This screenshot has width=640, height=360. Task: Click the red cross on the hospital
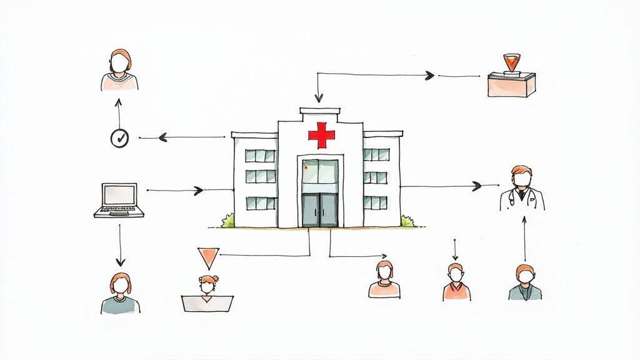[x=321, y=135]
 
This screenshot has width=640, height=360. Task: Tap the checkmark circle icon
[x=119, y=138]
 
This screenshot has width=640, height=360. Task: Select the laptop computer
[x=119, y=201]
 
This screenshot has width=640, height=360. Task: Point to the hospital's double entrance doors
[x=320, y=209]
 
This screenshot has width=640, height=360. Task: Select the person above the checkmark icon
[x=119, y=70]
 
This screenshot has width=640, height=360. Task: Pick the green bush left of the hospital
[x=227, y=220]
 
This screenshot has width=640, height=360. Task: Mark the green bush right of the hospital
[x=407, y=221]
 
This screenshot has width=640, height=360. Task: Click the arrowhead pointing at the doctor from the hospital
[x=477, y=186]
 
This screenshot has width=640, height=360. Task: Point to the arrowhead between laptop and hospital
[x=199, y=191]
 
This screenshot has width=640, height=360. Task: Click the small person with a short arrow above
[x=456, y=282]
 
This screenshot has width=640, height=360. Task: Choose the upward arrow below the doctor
[x=524, y=238]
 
